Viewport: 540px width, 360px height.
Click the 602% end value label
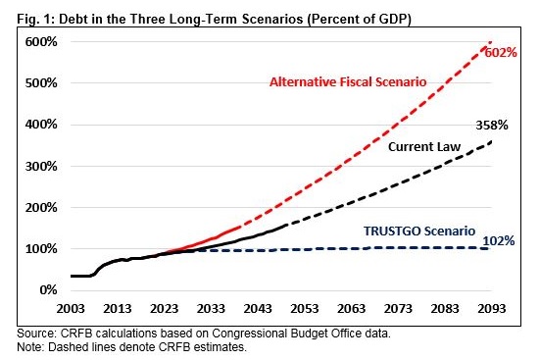501,53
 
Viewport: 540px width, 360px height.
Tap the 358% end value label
492,125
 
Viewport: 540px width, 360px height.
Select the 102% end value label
499,240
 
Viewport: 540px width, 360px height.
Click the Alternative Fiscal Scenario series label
348,81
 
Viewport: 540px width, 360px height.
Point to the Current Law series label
424,146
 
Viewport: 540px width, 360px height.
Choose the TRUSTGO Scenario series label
419,231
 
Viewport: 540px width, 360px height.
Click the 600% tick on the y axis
41,42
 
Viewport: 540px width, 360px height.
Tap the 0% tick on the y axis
48,290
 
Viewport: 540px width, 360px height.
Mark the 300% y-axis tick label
41,166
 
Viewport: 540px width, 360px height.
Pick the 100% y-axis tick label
41,248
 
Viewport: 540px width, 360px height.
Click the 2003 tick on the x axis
71,308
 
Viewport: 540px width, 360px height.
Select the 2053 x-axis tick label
305,308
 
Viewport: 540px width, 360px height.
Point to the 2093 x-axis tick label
491,308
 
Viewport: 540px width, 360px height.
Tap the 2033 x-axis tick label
211,308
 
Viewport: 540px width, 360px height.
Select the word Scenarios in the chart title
272,19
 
